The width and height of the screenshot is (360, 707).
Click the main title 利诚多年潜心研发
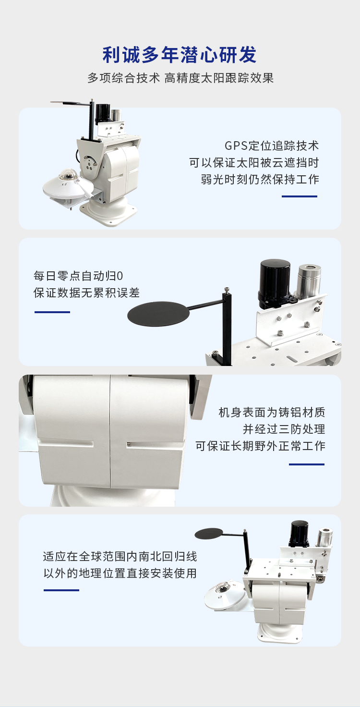(179, 55)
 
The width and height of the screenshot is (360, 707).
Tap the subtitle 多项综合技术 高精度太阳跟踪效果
(180, 78)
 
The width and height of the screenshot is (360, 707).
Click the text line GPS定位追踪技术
(272, 146)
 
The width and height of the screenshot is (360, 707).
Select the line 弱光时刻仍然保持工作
(260, 179)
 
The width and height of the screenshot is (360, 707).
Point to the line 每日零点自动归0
(78, 276)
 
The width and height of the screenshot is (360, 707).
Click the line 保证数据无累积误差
(86, 293)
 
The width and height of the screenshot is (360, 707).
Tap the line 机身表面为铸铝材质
(272, 412)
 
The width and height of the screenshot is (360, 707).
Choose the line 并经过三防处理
(284, 429)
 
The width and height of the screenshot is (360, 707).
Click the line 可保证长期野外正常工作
(260, 446)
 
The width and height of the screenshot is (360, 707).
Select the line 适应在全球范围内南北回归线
(120, 557)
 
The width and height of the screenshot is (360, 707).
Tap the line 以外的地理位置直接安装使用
(120, 573)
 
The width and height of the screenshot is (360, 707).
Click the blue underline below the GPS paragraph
(300, 196)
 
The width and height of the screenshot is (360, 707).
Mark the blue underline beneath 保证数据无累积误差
(52, 312)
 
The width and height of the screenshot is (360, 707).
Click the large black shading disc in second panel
(158, 314)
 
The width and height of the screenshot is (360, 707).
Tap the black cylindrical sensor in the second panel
(275, 283)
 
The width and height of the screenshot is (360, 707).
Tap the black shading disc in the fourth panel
(209, 534)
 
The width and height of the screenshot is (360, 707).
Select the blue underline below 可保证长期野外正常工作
(307, 464)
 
